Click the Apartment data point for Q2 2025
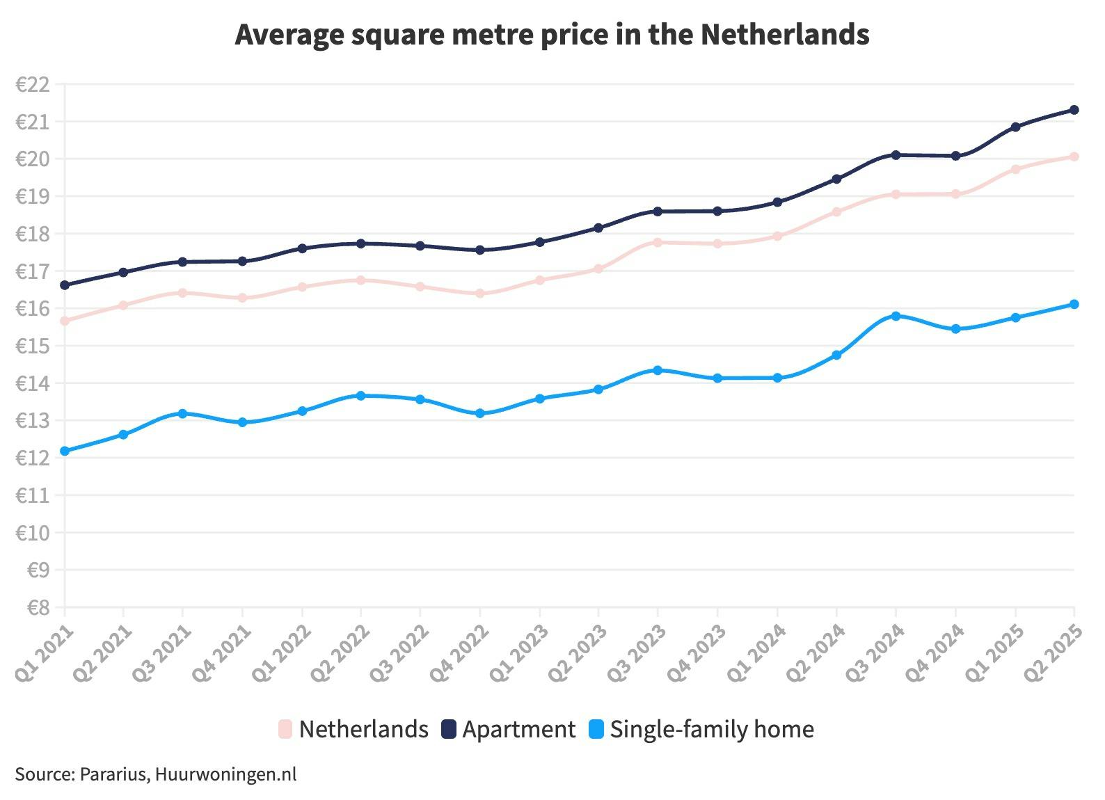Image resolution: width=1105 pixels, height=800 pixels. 1074,110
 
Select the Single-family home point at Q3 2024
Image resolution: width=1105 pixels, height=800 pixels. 896,316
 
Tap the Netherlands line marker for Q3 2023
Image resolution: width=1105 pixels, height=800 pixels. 658,242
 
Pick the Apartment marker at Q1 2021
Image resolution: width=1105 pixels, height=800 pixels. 65,285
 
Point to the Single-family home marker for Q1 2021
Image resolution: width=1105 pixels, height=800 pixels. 65,451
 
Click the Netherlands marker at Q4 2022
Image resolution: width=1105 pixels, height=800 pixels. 479,294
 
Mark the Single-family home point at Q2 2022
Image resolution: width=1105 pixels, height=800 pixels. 360,395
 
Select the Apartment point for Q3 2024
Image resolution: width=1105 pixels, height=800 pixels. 896,154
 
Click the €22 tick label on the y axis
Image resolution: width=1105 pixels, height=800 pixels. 32,85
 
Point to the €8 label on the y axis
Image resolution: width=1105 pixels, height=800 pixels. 38,608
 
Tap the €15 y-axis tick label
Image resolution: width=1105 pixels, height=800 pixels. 32,346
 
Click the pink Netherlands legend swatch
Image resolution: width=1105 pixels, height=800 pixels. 285,729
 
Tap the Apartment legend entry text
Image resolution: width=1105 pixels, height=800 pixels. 518,729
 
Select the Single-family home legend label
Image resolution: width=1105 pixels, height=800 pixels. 711,729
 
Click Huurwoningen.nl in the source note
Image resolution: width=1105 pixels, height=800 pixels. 225,774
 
